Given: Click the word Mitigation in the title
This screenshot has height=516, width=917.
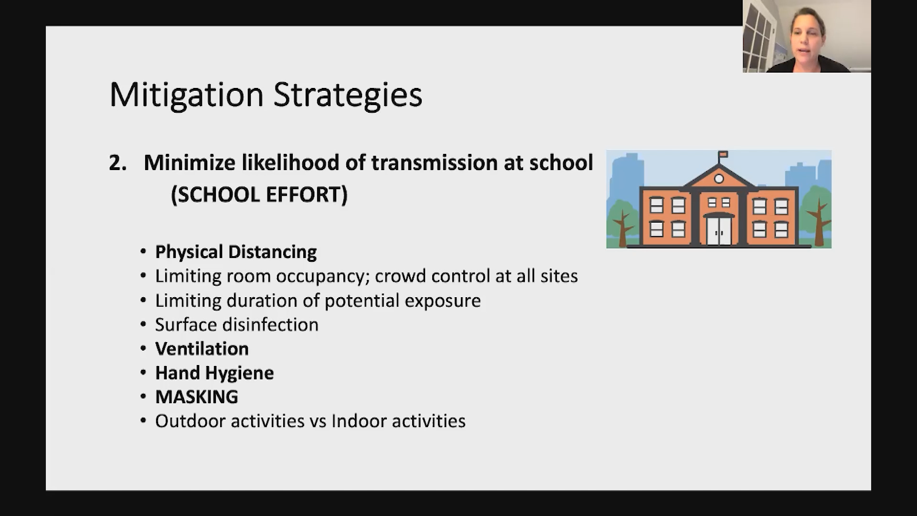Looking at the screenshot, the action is (x=186, y=95).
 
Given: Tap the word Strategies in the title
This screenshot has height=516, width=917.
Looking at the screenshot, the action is (x=348, y=95).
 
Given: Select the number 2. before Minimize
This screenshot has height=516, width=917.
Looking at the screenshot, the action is (x=118, y=163).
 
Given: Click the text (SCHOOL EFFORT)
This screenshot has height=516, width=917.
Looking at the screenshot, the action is (x=259, y=194).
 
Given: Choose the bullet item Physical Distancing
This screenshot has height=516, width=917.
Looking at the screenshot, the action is (x=236, y=252).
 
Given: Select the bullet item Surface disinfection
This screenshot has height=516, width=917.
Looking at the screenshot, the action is (x=237, y=325).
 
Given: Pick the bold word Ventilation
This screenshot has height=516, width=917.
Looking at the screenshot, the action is (x=202, y=349).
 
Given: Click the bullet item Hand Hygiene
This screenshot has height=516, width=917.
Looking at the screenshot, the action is (x=214, y=373).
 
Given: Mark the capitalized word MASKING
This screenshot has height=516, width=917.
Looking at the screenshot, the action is (x=197, y=397).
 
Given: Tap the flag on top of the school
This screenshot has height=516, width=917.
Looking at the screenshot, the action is (x=723, y=155).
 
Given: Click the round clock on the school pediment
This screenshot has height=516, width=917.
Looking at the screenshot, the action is (x=719, y=179).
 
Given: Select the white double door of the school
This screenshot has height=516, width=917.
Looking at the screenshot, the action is (x=719, y=231).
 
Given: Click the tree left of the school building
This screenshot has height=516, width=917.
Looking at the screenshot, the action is (x=621, y=221).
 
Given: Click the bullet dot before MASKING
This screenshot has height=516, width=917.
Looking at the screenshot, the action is (x=143, y=397).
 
